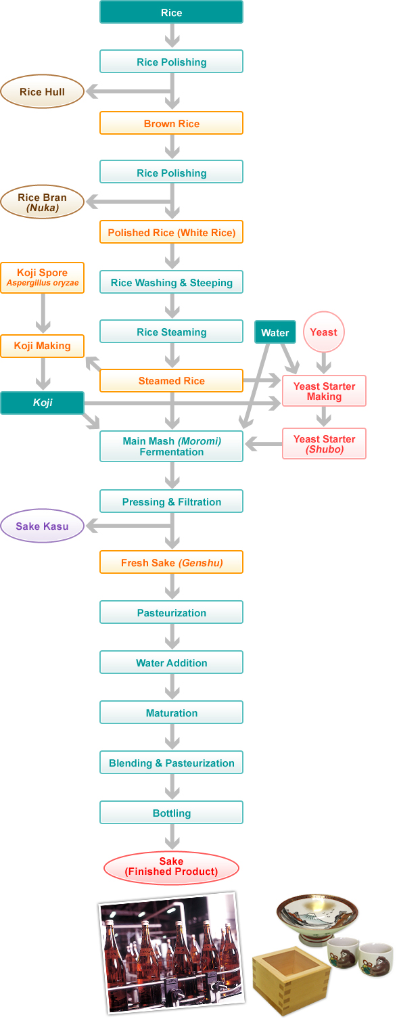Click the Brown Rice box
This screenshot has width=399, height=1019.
click(171, 123)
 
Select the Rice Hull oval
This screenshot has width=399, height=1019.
click(42, 91)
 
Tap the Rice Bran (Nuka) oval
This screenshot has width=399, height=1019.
click(42, 202)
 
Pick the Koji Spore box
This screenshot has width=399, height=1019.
click(42, 277)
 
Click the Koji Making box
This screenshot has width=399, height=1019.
click(42, 346)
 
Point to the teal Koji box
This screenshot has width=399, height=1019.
click(42, 403)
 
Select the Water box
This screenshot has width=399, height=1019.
click(275, 332)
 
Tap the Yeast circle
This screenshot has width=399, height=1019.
click(323, 332)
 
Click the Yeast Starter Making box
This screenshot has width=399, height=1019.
click(324, 391)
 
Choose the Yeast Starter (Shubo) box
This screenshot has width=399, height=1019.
click(324, 444)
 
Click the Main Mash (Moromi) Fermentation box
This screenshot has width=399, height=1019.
click(171, 447)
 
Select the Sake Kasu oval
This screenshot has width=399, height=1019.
click(42, 526)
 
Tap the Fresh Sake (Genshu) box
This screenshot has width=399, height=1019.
click(171, 562)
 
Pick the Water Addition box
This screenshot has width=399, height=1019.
click(171, 662)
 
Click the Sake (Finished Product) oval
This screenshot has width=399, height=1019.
click(171, 867)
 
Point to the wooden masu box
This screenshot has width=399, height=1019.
click(291, 980)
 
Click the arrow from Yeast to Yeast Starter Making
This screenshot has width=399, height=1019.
click(323, 363)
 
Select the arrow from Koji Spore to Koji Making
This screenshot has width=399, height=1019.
click(43, 313)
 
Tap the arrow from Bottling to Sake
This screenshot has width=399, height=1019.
click(172, 836)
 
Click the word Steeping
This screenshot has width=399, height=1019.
click(211, 283)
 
